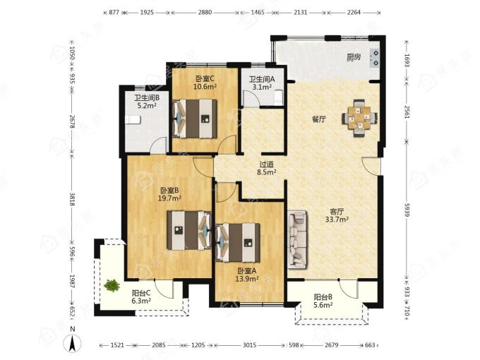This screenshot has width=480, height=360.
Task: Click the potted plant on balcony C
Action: (112, 285)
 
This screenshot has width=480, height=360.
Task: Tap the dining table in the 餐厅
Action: (360, 118)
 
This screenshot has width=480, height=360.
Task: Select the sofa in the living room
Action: (297, 240)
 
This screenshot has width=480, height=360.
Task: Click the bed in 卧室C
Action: (195, 119)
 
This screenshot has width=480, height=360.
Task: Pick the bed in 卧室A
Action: (238, 242)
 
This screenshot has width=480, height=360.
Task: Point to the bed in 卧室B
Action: (189, 230)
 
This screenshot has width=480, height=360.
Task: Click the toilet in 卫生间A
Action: (278, 97)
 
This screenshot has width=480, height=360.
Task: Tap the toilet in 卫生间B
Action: (133, 120)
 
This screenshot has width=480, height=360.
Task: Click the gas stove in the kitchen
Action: (375, 58)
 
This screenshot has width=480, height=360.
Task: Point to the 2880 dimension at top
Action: (205, 13)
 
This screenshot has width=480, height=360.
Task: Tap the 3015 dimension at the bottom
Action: (249, 345)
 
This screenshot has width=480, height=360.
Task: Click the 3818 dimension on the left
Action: (72, 199)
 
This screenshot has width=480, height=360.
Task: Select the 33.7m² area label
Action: (337, 220)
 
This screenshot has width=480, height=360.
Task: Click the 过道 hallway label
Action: (266, 164)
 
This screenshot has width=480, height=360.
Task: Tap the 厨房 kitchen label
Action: (354, 57)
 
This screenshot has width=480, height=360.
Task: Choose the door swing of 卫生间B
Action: (160, 145)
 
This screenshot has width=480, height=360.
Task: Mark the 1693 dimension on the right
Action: (407, 60)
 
